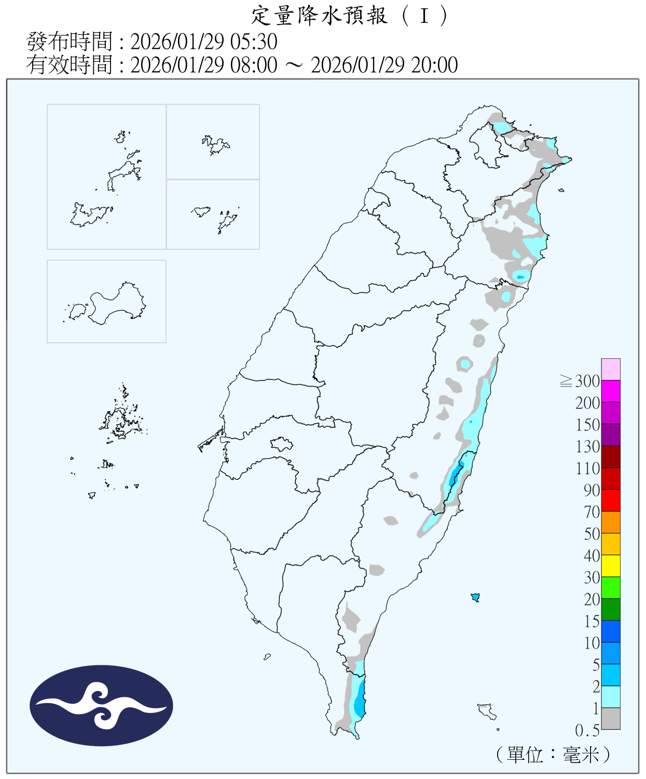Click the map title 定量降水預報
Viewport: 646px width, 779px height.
coord(320,16)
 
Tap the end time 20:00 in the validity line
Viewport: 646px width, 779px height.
coord(434,65)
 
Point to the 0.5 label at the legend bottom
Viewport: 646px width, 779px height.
coord(587,731)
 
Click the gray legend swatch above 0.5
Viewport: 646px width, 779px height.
coord(611,718)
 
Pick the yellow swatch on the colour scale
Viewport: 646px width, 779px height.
coord(611,566)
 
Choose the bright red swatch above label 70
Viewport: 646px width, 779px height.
coord(611,500)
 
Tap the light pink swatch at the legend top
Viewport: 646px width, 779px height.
coord(611,369)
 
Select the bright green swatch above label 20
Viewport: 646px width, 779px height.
coord(611,587)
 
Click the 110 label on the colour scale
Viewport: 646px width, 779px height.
coord(587,468)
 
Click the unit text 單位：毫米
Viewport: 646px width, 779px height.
coord(553,754)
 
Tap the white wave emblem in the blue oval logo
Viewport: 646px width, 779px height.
coord(102,705)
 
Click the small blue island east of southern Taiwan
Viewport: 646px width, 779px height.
coord(475,597)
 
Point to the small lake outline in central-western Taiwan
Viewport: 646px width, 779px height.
coord(281,444)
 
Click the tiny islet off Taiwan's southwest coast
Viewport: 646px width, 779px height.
coord(267,657)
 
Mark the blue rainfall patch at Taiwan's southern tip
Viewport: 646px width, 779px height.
coord(359,701)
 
